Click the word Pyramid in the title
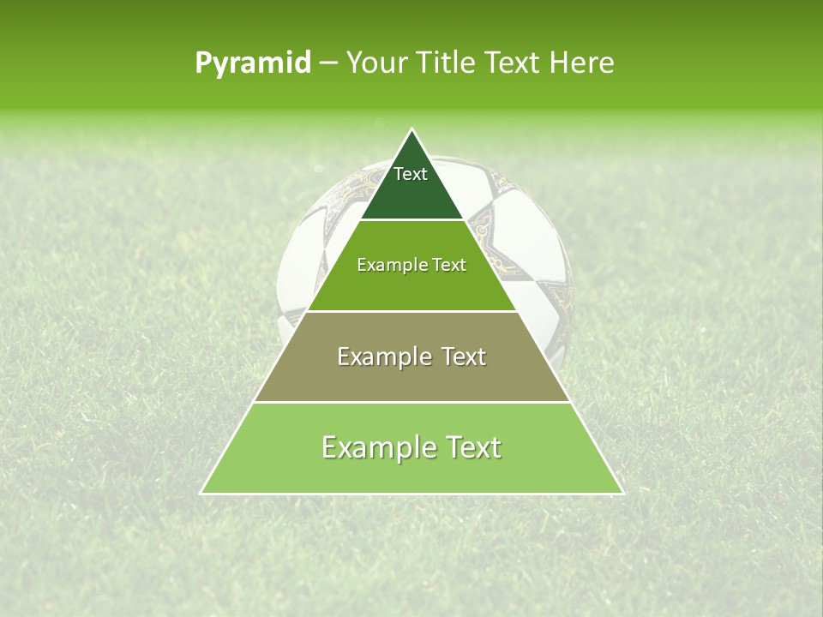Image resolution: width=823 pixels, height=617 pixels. (x=253, y=63)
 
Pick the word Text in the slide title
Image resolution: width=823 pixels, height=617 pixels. (x=514, y=63)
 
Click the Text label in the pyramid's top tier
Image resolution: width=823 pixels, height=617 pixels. (x=411, y=174)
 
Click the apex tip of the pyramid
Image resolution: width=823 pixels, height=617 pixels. (x=412, y=130)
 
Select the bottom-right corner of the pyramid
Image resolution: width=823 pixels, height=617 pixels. (x=622, y=493)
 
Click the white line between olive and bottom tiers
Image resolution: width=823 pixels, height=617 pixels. (x=412, y=402)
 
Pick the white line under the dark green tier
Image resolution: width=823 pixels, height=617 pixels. (x=412, y=220)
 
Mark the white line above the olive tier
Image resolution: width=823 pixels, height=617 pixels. (x=412, y=311)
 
